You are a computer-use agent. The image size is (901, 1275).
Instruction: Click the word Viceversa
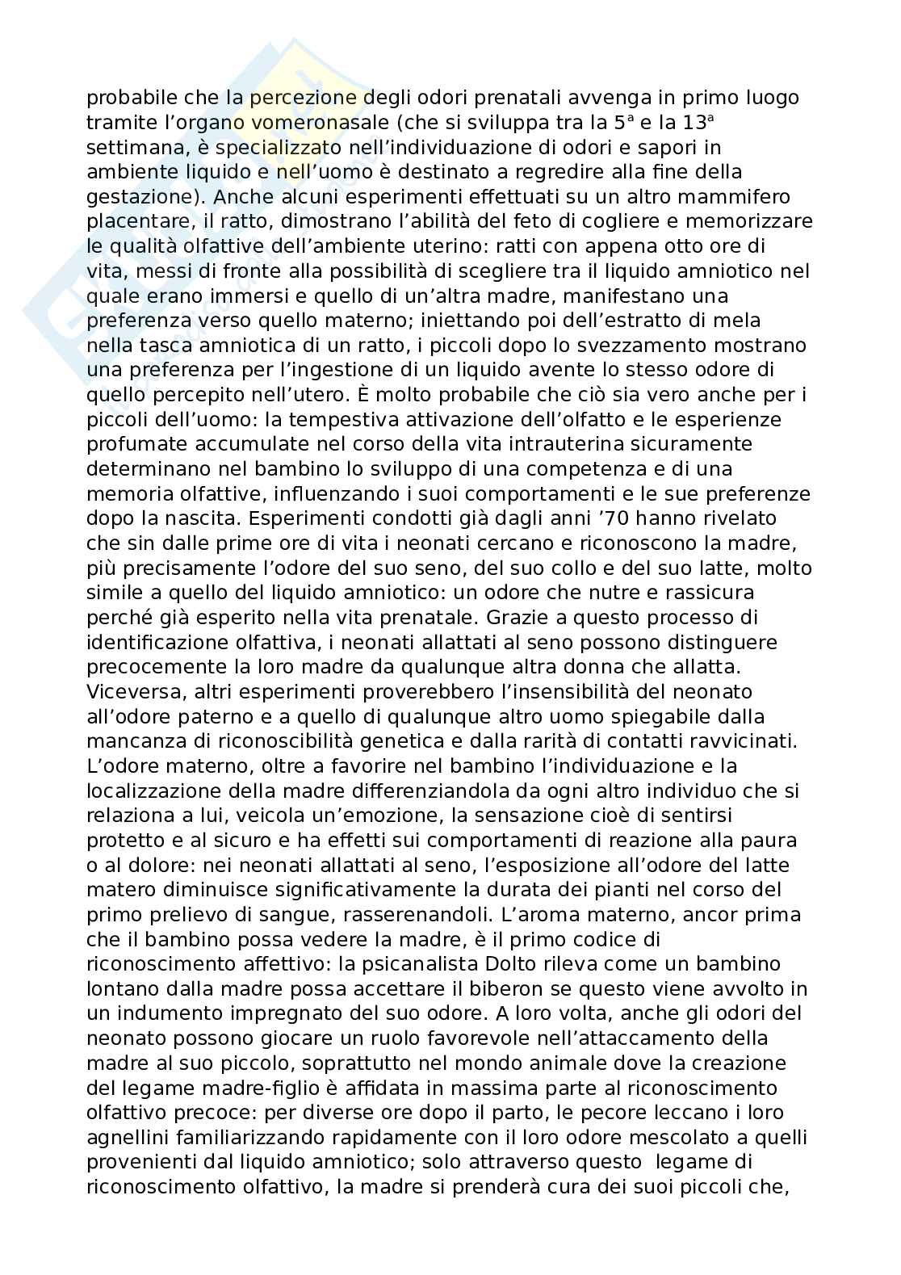pyautogui.click(x=132, y=691)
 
